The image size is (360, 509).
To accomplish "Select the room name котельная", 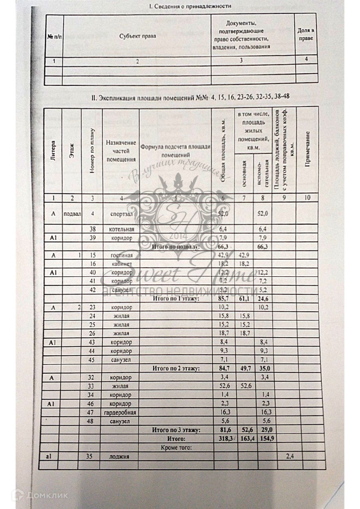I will pos(119,229).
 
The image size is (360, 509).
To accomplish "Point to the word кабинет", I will pos(119,265).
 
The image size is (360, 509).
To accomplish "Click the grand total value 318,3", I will pos(224,440).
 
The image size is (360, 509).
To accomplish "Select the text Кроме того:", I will pos(176,448).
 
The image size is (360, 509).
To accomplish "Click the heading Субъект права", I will pos(137,36).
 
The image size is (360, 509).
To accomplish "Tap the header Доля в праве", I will pos(305,36).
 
